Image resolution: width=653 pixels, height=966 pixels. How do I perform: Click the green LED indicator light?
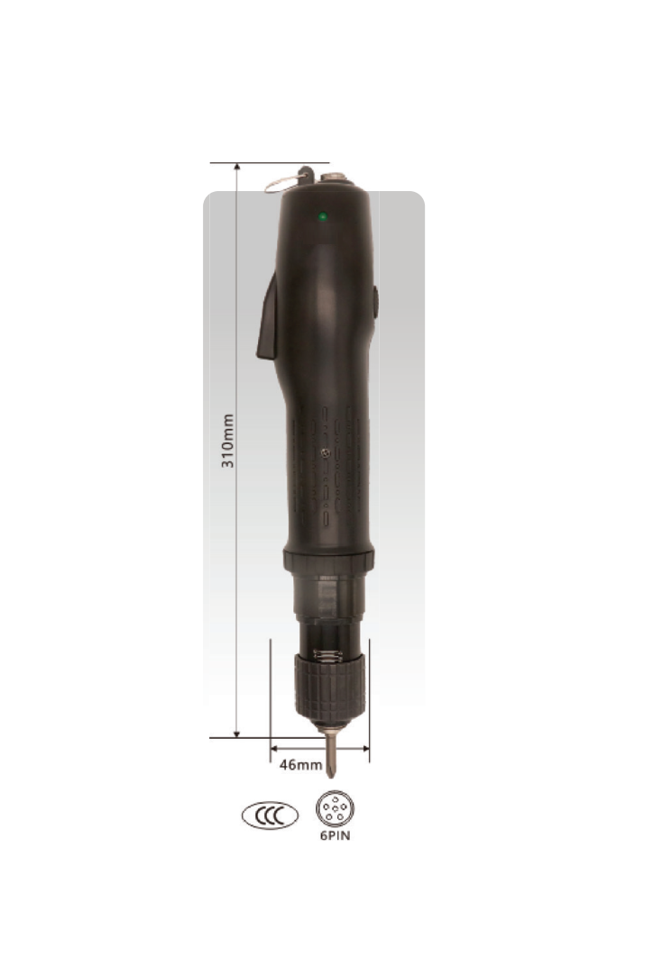[323, 217]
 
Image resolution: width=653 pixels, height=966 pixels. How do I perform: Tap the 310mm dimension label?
[227, 441]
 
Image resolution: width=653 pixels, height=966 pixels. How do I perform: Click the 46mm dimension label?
[301, 764]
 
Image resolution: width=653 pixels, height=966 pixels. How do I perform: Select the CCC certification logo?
[270, 815]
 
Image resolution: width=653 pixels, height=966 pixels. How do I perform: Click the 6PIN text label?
[336, 836]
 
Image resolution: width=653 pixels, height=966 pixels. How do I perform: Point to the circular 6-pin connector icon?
[335, 808]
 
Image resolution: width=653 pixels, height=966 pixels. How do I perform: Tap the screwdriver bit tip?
[330, 774]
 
